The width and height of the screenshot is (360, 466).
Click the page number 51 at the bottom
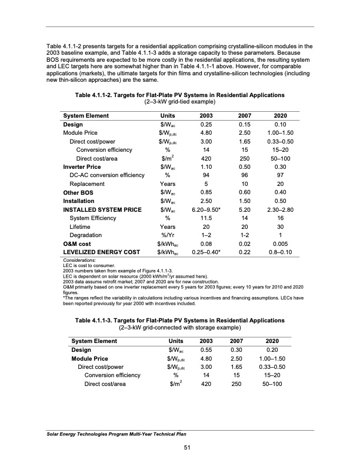[179, 450]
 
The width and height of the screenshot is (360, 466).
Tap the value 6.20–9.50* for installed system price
[207, 208]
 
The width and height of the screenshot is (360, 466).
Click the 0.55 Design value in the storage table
[207, 349]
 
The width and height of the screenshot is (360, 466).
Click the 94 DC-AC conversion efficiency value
[207, 175]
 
